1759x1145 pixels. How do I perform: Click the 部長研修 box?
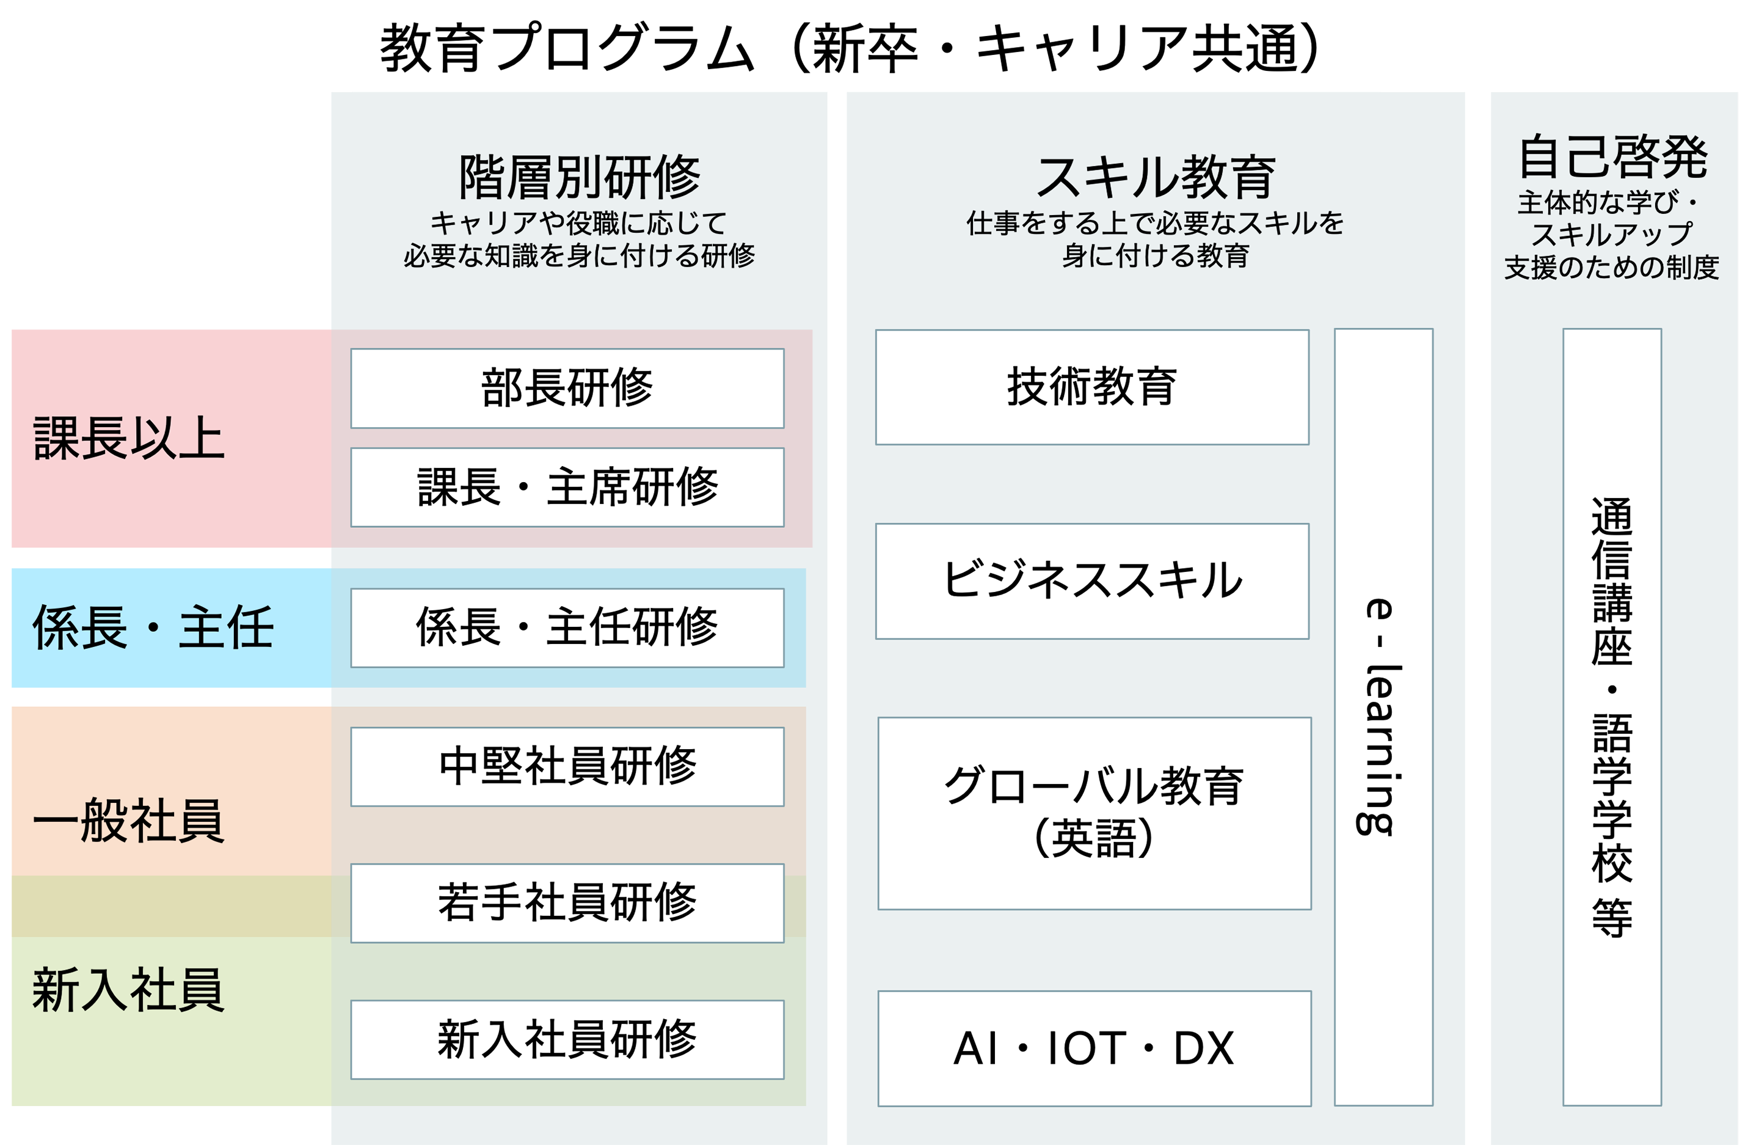(x=567, y=388)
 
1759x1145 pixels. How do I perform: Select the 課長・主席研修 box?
(x=567, y=487)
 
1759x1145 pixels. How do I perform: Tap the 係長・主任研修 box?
(x=567, y=627)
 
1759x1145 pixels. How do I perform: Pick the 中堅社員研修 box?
(x=567, y=767)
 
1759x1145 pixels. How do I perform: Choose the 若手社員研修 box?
(x=567, y=902)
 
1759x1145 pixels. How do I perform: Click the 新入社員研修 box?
(x=567, y=1039)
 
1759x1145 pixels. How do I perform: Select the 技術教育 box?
(x=1091, y=387)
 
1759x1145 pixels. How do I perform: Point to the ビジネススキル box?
(x=1091, y=581)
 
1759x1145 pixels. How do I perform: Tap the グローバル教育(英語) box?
(x=1094, y=813)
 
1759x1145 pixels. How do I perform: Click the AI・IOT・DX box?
(x=1094, y=1048)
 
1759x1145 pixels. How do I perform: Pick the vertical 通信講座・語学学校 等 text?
(x=1611, y=717)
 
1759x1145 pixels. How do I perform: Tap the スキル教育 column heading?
(x=1155, y=177)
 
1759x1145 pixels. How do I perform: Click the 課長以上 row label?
(x=129, y=438)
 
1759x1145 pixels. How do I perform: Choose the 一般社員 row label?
(x=129, y=821)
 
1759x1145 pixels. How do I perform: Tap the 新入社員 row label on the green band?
(x=129, y=990)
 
